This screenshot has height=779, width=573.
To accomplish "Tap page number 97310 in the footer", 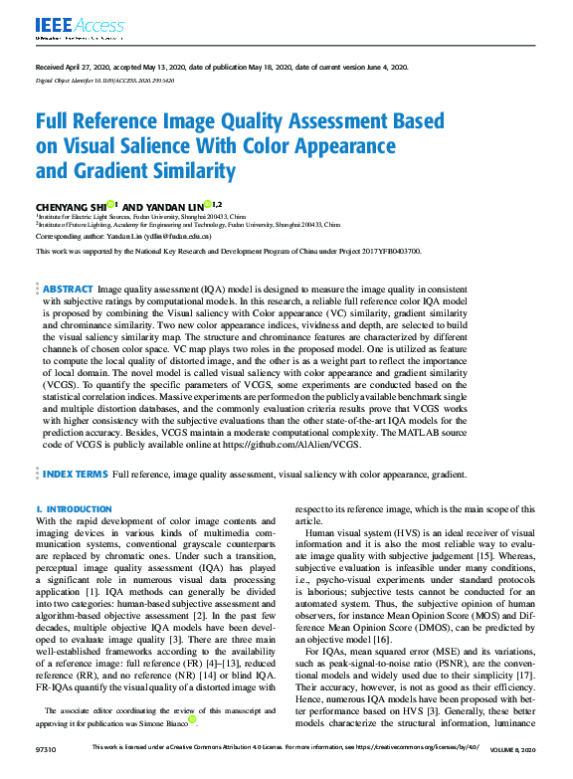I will point(46,746).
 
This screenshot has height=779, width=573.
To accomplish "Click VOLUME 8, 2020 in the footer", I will point(512,746).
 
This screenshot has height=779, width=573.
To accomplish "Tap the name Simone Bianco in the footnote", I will point(170,721).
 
